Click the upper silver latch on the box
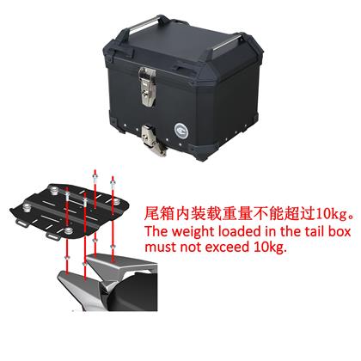148,87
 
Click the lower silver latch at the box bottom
154,140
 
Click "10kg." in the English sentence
270,248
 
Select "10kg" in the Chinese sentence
332,214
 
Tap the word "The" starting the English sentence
156,231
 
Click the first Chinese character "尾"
151,214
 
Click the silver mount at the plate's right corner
116,202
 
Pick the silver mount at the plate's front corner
68,231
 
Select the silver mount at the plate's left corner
28,208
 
